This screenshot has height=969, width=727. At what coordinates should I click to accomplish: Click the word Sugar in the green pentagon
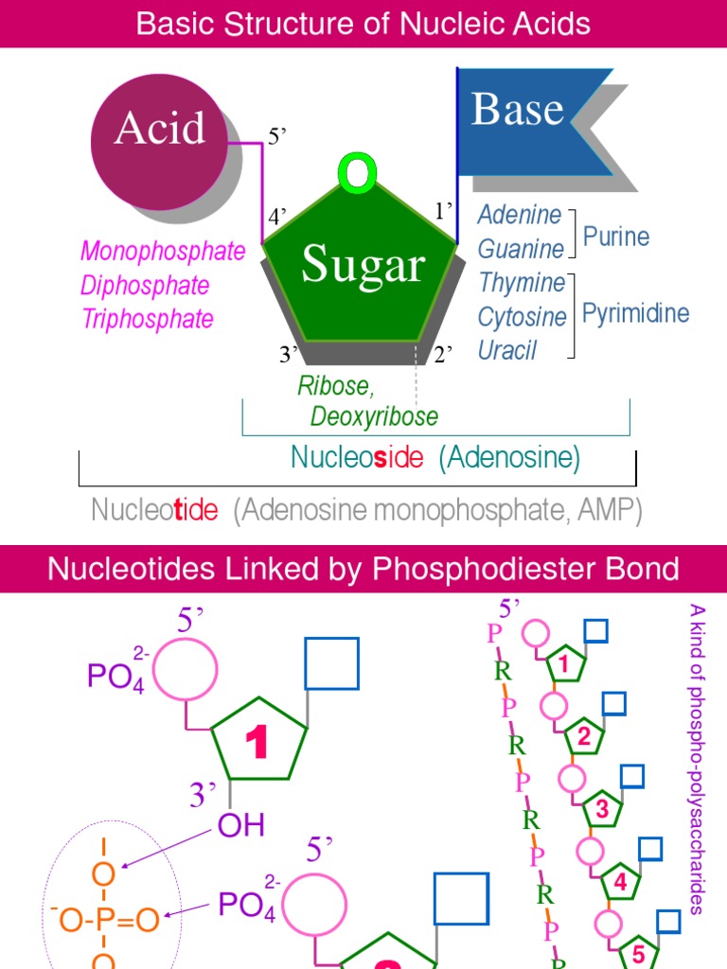click(363, 265)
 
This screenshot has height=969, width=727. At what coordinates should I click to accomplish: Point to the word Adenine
click(520, 215)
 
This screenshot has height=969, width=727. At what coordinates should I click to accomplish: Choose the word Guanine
click(521, 249)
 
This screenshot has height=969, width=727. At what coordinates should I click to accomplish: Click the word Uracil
click(507, 350)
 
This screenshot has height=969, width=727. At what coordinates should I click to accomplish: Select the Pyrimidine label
click(635, 313)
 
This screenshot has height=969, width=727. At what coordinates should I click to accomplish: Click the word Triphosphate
click(148, 319)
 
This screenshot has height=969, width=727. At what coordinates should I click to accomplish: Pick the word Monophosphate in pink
click(163, 251)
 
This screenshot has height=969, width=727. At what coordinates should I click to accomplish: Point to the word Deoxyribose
click(375, 416)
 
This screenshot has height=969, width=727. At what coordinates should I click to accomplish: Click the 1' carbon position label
click(444, 210)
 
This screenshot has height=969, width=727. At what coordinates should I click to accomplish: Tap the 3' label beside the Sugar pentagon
click(289, 355)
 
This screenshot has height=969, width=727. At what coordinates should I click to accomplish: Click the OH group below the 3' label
click(241, 825)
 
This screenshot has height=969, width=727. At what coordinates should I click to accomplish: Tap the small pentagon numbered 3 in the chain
click(601, 810)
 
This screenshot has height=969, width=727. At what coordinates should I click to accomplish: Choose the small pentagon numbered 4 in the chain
click(620, 883)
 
